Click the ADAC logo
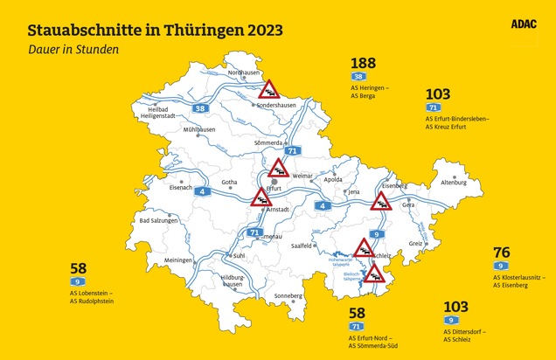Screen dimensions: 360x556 point(523,25)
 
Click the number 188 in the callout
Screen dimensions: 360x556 point(363,64)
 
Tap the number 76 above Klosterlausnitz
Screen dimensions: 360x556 point(502,253)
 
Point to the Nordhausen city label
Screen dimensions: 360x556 point(244,73)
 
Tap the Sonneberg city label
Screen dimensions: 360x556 point(288,295)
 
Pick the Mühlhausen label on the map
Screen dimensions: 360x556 point(199,128)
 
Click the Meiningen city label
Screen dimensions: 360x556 point(177,260)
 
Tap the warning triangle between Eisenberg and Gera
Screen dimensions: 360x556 point(381,204)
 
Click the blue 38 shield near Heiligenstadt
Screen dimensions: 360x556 point(200,108)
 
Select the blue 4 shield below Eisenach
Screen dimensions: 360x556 point(202,190)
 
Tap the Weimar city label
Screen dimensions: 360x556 point(302,176)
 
